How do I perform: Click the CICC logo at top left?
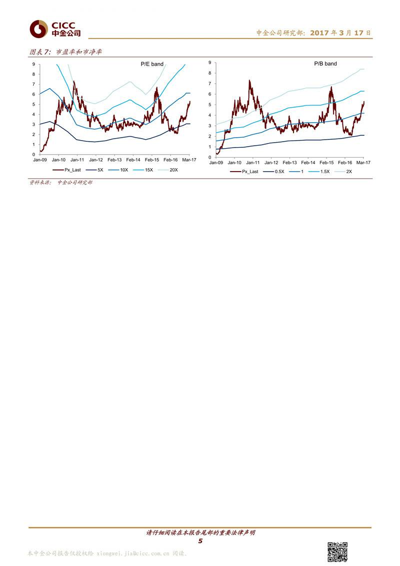(54, 29)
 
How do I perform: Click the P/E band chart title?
(151, 64)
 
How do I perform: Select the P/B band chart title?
(325, 64)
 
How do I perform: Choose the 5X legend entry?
(98, 170)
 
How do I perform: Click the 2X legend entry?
(347, 171)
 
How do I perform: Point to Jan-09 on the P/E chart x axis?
(40, 160)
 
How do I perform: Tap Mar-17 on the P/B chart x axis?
(363, 163)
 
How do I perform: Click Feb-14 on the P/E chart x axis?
(133, 160)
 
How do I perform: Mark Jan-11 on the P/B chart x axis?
(252, 163)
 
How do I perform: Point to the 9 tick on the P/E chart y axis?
(33, 64)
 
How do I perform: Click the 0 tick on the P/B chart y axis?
(210, 157)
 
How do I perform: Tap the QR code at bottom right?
(337, 551)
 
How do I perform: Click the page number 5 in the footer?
(200, 541)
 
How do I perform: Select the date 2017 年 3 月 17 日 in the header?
(340, 33)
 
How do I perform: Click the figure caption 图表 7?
(40, 52)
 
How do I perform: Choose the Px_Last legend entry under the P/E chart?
(74, 170)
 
